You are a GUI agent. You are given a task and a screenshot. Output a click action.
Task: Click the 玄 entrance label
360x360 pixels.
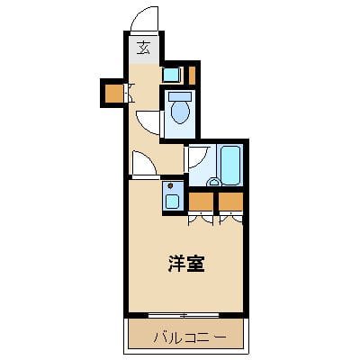(x=143, y=49)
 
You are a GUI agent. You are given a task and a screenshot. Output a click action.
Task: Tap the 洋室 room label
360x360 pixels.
(x=186, y=265)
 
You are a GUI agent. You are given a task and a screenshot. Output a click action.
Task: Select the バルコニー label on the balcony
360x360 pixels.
(x=186, y=337)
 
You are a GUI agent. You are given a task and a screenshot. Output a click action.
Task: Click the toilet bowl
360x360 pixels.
(x=179, y=112)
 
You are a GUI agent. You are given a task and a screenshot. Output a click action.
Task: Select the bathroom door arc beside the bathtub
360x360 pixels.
(x=198, y=158)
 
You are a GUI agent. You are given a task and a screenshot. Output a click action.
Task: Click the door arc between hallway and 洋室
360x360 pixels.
(x=142, y=164)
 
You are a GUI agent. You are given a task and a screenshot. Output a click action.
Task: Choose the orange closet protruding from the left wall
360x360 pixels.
(x=112, y=92)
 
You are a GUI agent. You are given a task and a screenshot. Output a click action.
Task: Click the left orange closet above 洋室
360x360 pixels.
(x=201, y=200)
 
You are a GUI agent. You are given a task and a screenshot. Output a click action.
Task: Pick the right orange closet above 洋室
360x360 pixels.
(x=231, y=200)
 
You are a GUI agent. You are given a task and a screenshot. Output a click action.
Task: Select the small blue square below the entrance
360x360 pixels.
(x=171, y=74)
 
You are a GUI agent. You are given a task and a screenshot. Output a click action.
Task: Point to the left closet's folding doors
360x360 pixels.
(x=201, y=217)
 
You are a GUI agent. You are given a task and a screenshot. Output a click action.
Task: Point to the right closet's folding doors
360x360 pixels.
(x=231, y=217)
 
